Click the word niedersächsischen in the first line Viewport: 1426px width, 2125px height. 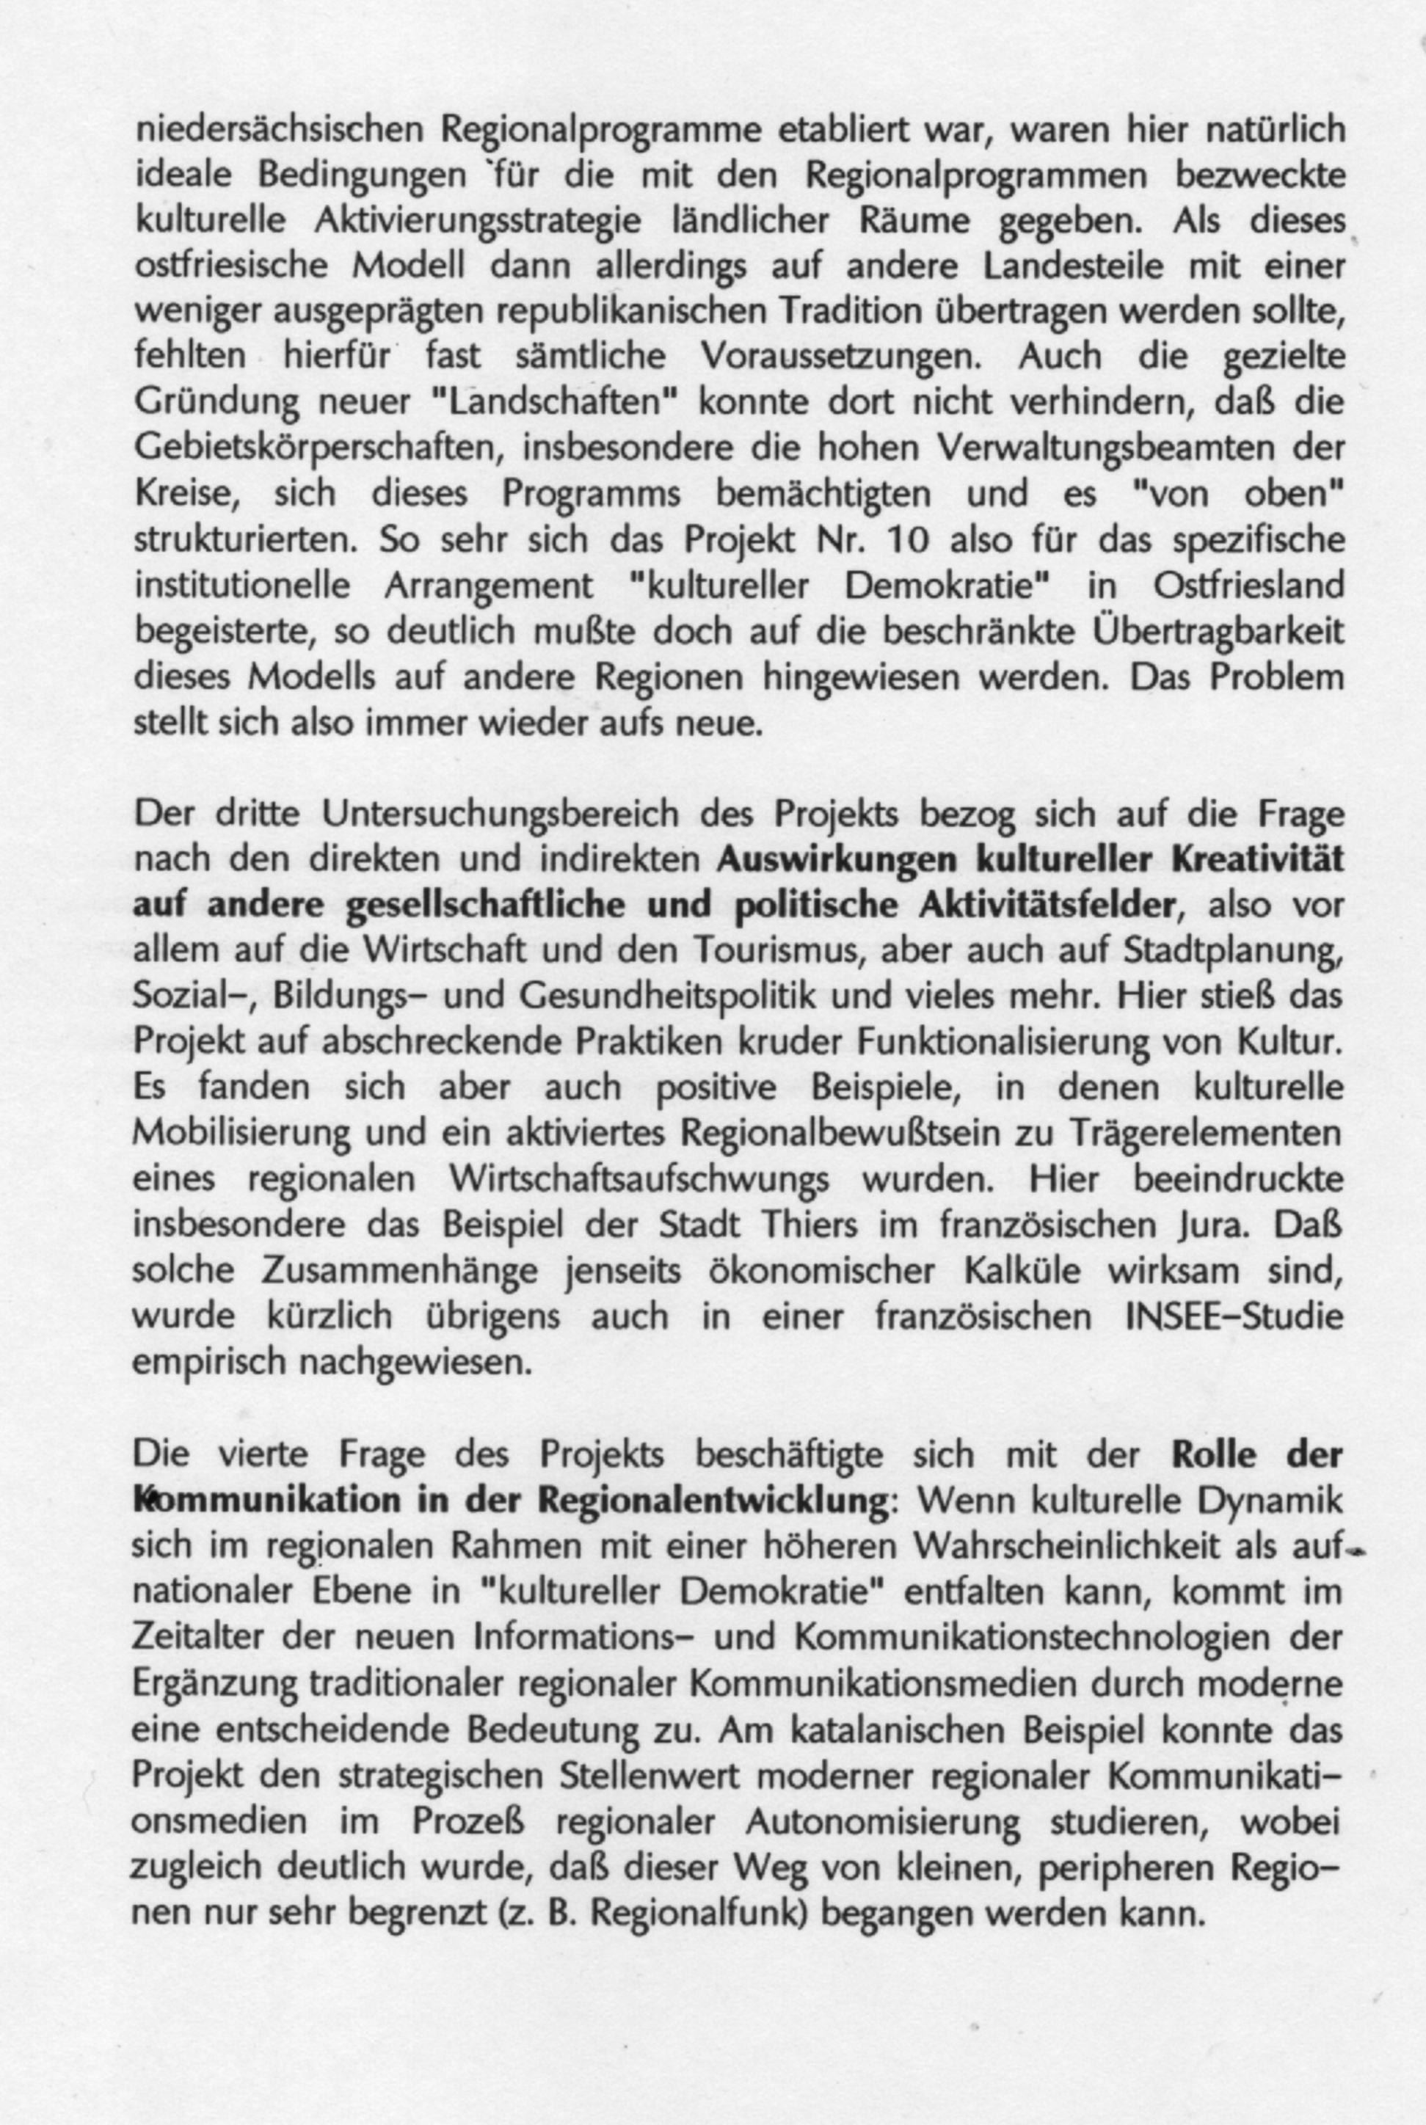pyautogui.click(x=279, y=131)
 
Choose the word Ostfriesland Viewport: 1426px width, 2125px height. pyautogui.click(x=1248, y=586)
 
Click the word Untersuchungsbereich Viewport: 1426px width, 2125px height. pyautogui.click(x=501, y=814)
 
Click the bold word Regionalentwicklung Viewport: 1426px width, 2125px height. pyautogui.click(x=712, y=1501)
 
